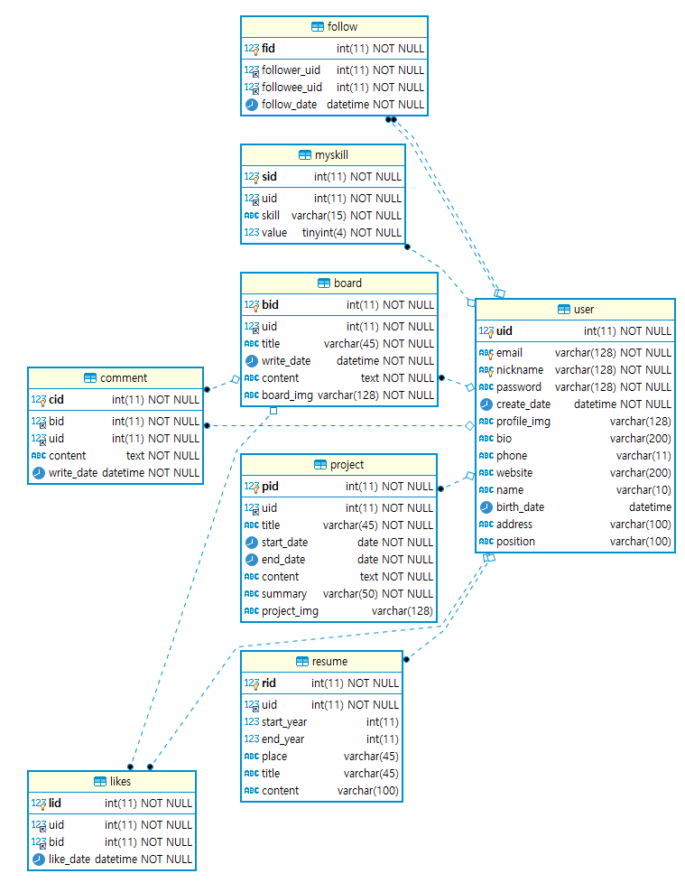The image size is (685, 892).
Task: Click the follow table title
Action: (x=342, y=27)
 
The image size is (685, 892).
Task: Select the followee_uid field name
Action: (x=292, y=88)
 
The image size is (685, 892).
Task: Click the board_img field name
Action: (x=287, y=395)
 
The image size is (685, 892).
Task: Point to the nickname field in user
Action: (x=520, y=370)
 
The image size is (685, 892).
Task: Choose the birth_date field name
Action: (x=520, y=507)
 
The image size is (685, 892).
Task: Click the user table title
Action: (x=584, y=310)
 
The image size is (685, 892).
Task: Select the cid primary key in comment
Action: (x=56, y=400)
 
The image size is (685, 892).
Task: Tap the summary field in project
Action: (x=283, y=594)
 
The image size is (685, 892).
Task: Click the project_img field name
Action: (x=290, y=611)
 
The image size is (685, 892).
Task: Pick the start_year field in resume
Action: (x=284, y=722)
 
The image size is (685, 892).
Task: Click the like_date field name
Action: (x=69, y=859)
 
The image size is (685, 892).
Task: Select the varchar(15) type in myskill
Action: (x=319, y=216)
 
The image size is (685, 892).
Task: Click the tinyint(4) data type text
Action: (x=324, y=233)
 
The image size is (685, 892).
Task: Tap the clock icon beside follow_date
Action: (x=252, y=105)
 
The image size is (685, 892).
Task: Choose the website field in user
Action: (x=514, y=473)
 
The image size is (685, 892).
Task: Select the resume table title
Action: (x=329, y=662)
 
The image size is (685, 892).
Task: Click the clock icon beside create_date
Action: (x=486, y=404)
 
